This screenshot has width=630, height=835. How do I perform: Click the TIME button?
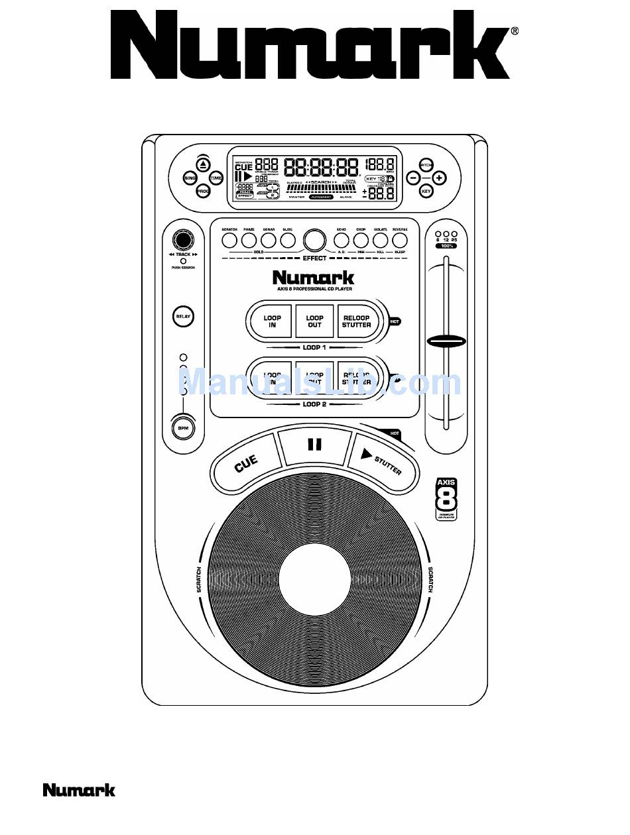pos(216,178)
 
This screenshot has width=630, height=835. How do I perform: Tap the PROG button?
pos(203,192)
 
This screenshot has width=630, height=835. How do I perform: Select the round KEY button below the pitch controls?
pos(426,192)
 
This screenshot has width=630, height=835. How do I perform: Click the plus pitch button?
pos(439,178)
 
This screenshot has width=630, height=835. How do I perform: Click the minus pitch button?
pos(413,178)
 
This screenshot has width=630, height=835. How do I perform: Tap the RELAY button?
pos(182,317)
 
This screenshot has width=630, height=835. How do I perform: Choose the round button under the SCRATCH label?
pos(229,240)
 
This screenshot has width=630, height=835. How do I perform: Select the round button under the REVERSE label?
pos(399,240)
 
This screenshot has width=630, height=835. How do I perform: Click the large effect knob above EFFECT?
pos(314,239)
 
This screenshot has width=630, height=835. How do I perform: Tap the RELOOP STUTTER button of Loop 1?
pos(357,321)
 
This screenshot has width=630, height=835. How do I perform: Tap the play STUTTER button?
pos(383,463)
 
